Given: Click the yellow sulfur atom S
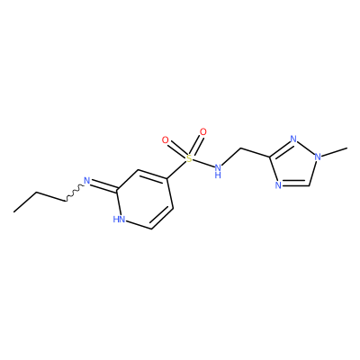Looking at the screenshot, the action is click(188, 158).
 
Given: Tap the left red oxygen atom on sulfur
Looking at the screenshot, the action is click(165, 139).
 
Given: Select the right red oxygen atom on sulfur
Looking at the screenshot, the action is click(203, 131).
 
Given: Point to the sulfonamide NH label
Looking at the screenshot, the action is click(218, 170).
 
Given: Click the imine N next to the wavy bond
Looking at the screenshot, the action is click(86, 181).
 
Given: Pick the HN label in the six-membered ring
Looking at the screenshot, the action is click(119, 220).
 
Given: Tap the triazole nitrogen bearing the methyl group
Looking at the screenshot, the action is click(318, 157).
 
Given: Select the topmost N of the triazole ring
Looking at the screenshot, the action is click(293, 139).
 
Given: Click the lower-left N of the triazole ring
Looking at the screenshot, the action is click(278, 184).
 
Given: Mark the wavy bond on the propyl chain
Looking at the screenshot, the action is click(74, 193).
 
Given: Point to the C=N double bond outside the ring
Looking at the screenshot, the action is click(103, 185).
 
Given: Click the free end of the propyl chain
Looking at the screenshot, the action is click(13, 212).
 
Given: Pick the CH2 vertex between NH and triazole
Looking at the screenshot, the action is click(241, 148).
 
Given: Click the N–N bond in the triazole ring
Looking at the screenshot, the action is click(305, 148).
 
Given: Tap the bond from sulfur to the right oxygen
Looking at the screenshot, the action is click(196, 145).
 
